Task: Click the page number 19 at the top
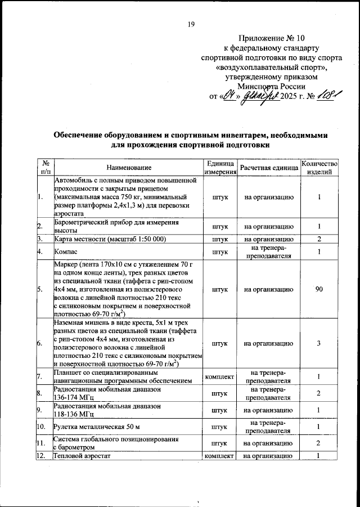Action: (191, 24)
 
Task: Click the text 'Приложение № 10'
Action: (271, 39)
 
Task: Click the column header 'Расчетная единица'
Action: (268, 168)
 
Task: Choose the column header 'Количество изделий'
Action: (319, 168)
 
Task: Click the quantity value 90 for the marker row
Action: (319, 289)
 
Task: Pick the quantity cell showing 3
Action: (319, 343)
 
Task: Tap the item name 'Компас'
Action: (65, 251)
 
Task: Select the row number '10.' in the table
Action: (42, 427)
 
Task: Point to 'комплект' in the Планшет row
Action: (220, 376)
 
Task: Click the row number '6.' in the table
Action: (40, 343)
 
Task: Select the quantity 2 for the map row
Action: (319, 239)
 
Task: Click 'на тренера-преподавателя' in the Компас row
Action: (268, 251)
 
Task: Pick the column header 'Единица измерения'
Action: (220, 168)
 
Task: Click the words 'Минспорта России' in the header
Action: (271, 86)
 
